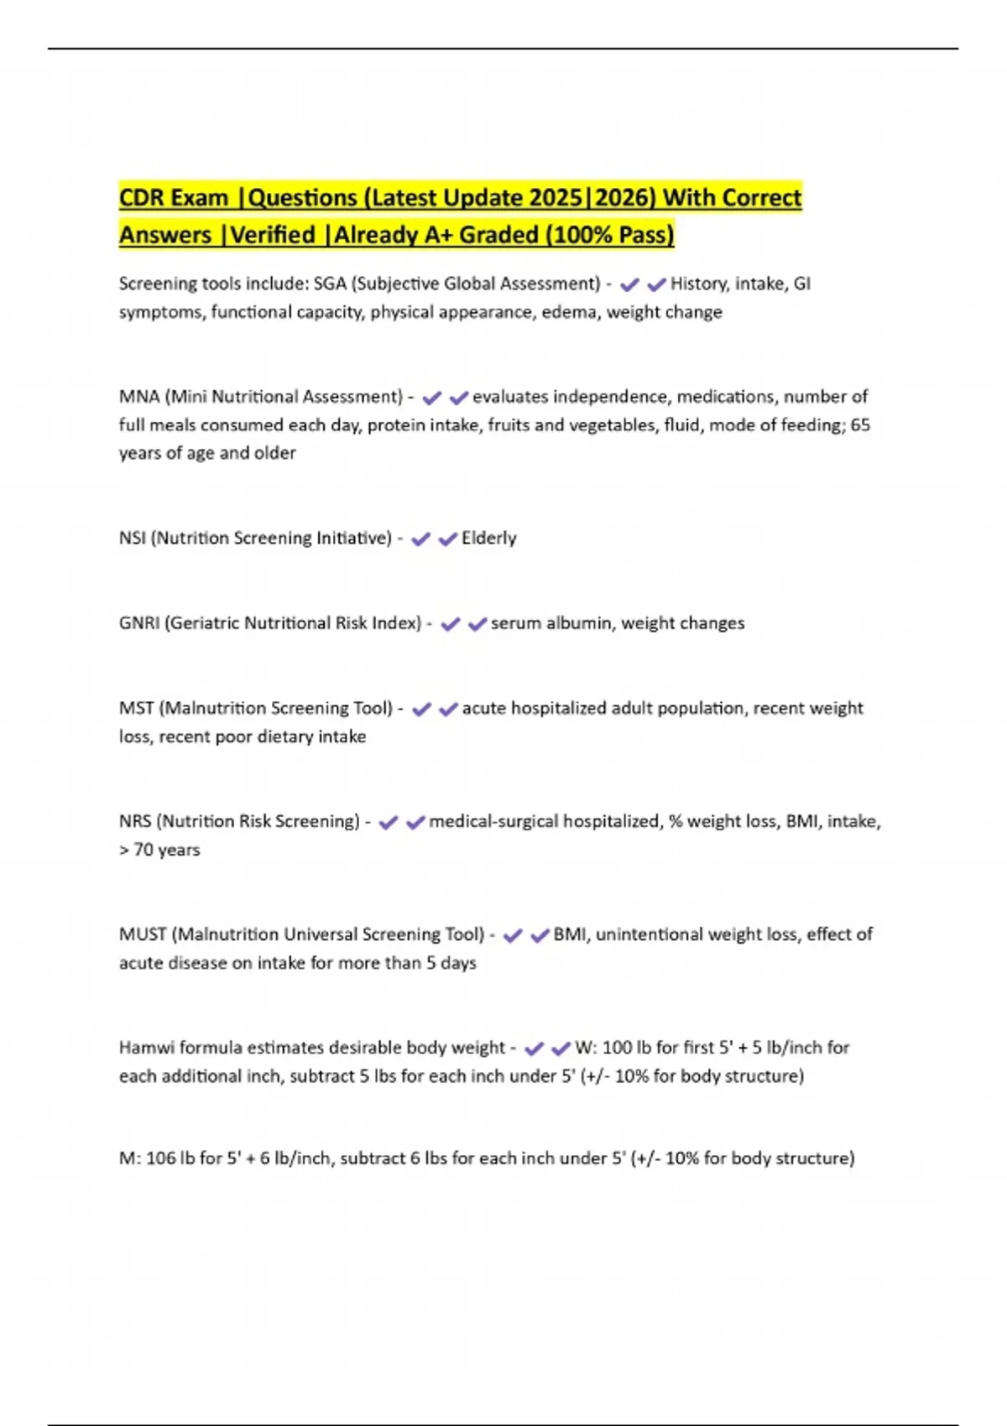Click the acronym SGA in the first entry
pos(330,284)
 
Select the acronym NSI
pos(132,538)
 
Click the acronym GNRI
pos(139,623)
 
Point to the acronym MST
pos(136,708)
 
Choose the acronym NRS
pos(134,821)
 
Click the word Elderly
pos(489,538)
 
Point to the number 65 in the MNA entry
pos(860,425)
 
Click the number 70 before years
pos(143,850)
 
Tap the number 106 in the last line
pos(160,1158)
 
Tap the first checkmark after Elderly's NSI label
pos(420,539)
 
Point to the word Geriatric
pos(202,623)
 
